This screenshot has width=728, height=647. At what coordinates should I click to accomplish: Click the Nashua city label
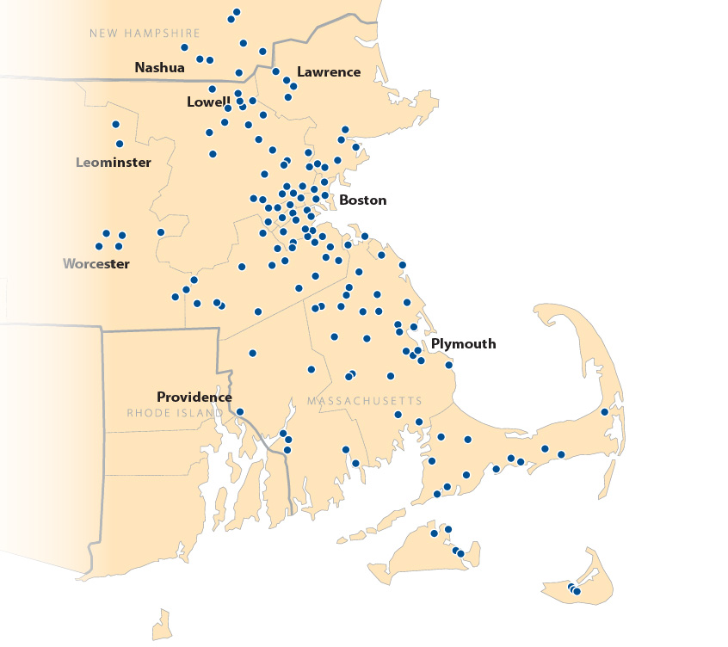(159, 67)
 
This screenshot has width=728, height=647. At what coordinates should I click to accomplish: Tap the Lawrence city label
(328, 72)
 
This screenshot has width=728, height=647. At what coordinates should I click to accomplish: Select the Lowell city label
(208, 102)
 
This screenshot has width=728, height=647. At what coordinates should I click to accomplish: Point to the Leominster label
(113, 163)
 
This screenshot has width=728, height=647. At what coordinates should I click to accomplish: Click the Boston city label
(362, 200)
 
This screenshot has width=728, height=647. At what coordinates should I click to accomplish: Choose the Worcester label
(96, 264)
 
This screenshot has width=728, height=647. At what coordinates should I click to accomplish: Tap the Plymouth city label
(463, 344)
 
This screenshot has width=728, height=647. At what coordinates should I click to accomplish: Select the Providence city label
(194, 397)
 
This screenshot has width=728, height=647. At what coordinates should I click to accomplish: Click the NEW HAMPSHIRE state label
(145, 34)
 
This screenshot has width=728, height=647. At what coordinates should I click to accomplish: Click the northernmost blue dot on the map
(237, 12)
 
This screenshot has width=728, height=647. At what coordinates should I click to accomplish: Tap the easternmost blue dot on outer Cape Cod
(605, 412)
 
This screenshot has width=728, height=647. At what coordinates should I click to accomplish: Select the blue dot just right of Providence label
(240, 411)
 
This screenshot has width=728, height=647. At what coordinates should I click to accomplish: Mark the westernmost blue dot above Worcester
(99, 247)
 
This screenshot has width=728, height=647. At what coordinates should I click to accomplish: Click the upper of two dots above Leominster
(115, 125)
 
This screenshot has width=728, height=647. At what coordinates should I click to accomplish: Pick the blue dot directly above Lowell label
(212, 89)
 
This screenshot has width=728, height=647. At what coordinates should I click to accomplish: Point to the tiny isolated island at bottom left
(162, 623)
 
